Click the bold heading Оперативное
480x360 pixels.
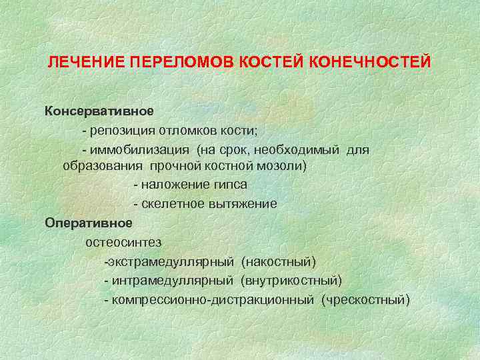(x=89, y=222)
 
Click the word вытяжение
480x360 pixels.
(x=243, y=203)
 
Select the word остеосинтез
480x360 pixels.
(x=123, y=241)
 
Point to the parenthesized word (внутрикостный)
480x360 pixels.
(x=291, y=281)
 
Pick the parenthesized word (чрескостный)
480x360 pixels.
(x=365, y=300)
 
